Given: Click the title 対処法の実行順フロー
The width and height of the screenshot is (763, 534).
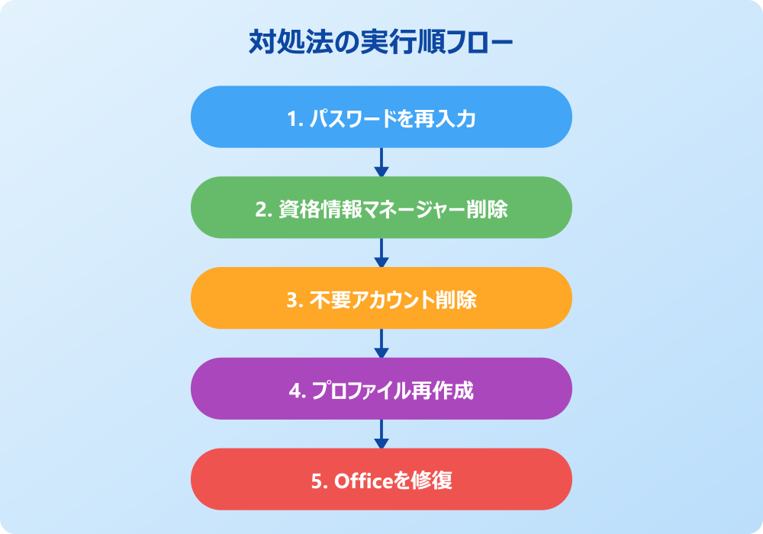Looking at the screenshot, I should (x=381, y=42).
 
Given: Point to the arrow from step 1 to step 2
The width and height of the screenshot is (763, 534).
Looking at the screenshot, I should (x=381, y=162).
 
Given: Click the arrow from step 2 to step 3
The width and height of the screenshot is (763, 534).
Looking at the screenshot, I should (x=381, y=253).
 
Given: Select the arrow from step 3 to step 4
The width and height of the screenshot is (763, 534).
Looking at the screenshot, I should (x=381, y=343).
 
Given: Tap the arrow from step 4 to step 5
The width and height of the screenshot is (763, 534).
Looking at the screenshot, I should (x=381, y=434).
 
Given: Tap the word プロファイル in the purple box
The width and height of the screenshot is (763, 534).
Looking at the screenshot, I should (x=362, y=391).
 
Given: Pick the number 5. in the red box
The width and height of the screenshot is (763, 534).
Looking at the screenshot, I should (x=320, y=481).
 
